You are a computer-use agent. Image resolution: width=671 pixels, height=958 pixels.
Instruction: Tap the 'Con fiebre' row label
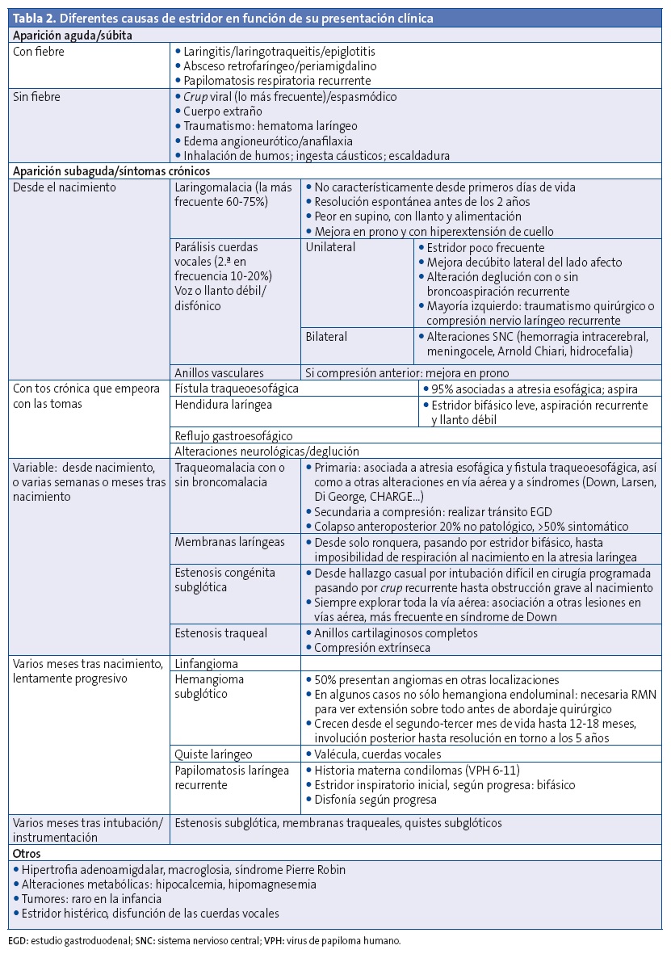(x=40, y=51)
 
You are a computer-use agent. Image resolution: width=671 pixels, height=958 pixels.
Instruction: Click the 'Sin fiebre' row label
(x=38, y=96)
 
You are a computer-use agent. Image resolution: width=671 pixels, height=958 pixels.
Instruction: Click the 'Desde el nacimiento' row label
(x=65, y=187)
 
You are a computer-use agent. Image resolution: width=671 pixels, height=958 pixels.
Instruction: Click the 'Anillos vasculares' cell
(x=220, y=372)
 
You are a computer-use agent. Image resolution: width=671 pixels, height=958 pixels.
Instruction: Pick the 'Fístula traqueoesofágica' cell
(x=237, y=388)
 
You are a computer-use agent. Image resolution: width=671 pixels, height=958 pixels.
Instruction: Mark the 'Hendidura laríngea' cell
(x=223, y=403)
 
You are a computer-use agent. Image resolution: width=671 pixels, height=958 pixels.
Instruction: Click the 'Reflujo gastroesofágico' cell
(x=234, y=435)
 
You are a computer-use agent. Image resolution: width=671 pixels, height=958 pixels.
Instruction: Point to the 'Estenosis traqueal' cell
(x=220, y=632)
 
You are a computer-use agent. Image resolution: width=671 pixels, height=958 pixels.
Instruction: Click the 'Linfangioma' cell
(x=206, y=663)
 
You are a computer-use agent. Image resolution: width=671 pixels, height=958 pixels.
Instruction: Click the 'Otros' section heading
(x=27, y=853)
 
